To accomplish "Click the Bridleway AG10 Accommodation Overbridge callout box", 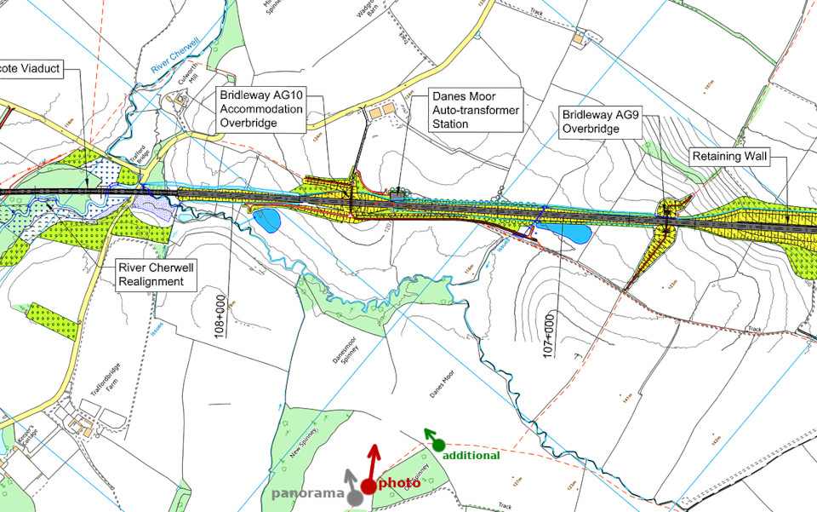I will click(260, 109).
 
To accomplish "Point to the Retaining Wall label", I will click(728, 158).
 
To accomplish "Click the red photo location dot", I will click(368, 486).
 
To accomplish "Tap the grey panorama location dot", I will click(353, 495).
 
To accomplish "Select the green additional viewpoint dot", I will click(439, 444).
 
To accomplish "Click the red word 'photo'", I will click(399, 482).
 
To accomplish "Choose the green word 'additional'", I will click(471, 456).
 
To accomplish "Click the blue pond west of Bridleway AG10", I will click(266, 221).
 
